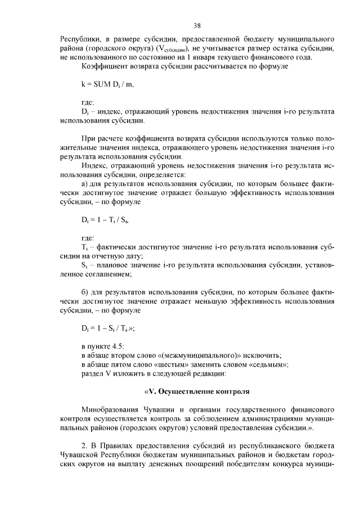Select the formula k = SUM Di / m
[107, 84]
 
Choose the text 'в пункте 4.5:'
[103, 345]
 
